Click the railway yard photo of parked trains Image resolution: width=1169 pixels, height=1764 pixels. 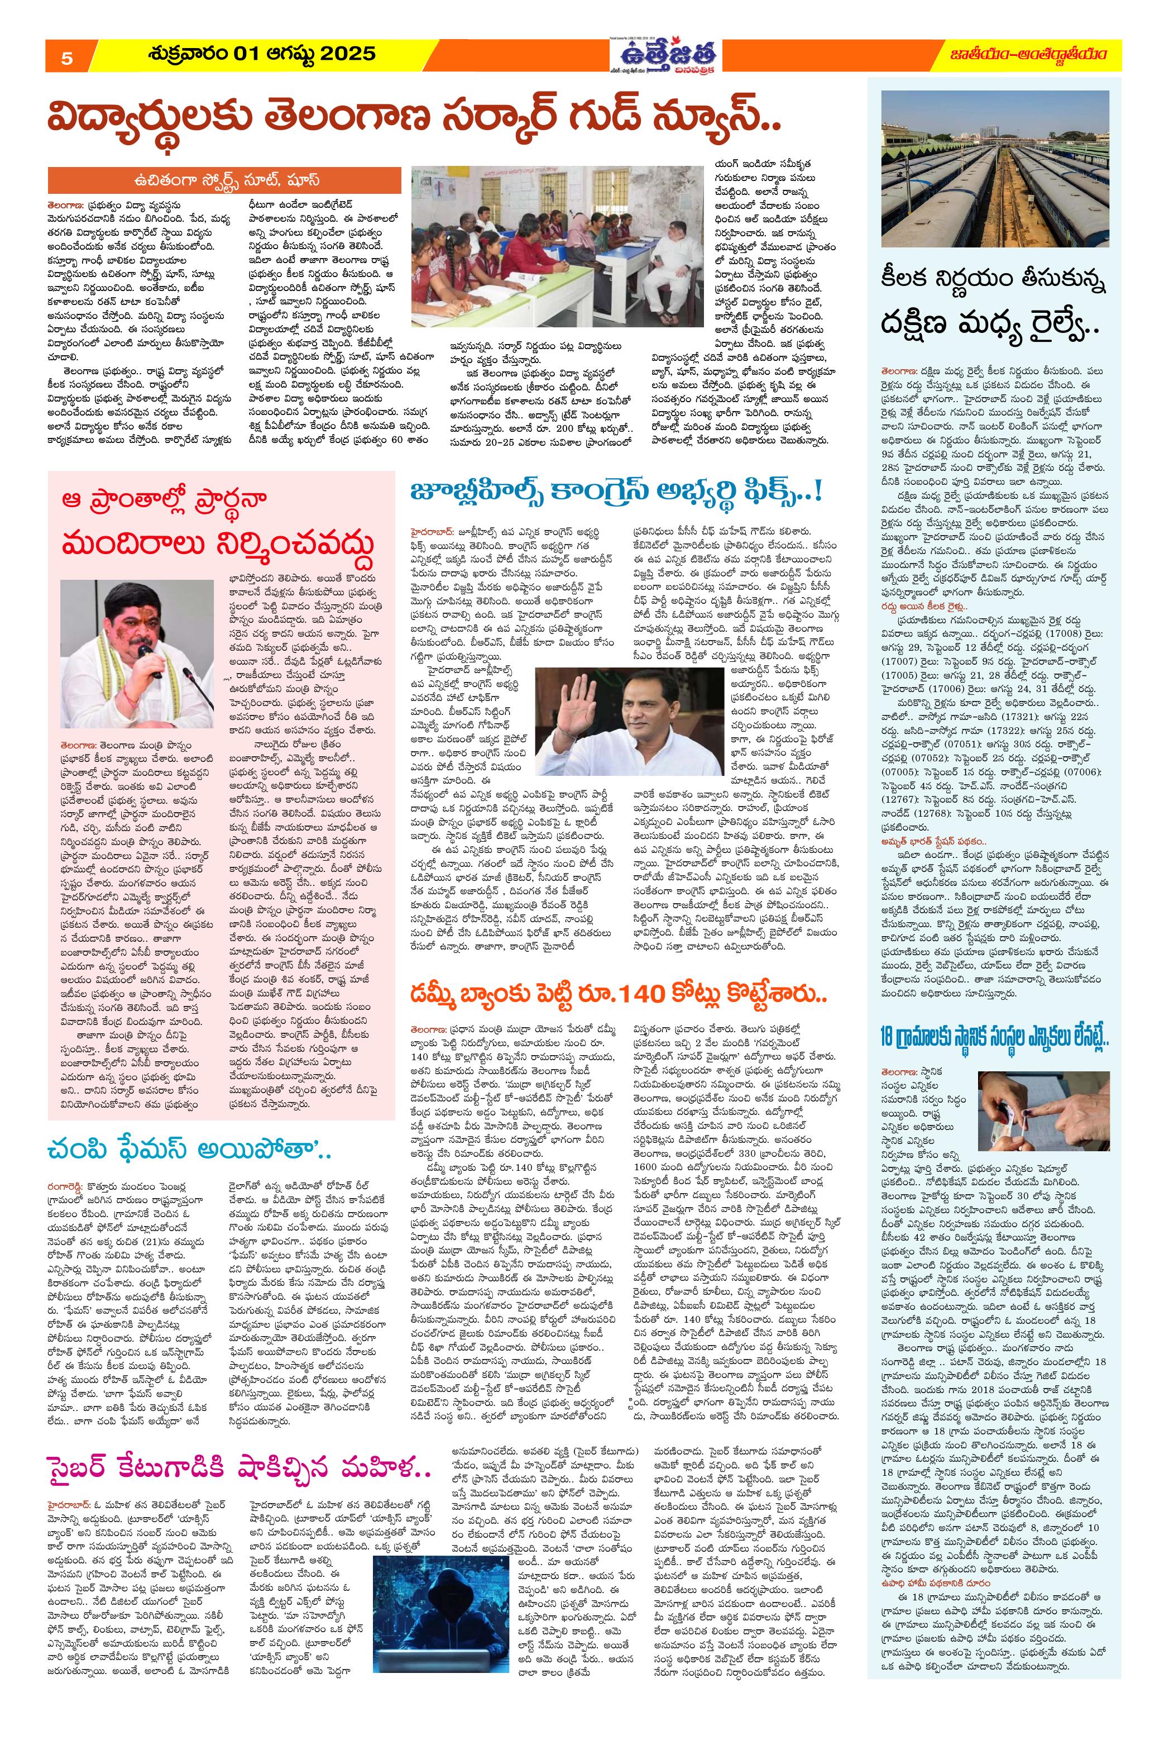(994, 169)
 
